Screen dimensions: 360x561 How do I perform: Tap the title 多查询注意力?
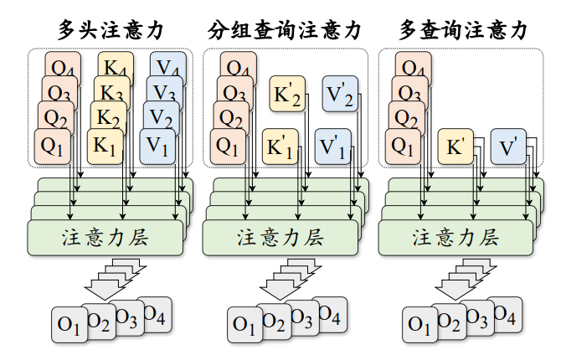click(x=463, y=30)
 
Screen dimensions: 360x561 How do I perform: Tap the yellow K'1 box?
click(x=280, y=146)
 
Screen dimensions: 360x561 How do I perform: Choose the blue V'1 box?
click(x=332, y=146)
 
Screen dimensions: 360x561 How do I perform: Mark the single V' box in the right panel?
click(x=507, y=146)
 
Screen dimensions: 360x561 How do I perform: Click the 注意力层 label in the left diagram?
click(x=106, y=237)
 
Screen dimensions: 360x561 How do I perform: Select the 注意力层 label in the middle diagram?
click(x=280, y=237)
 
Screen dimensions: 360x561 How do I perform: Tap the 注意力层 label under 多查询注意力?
click(x=456, y=237)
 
